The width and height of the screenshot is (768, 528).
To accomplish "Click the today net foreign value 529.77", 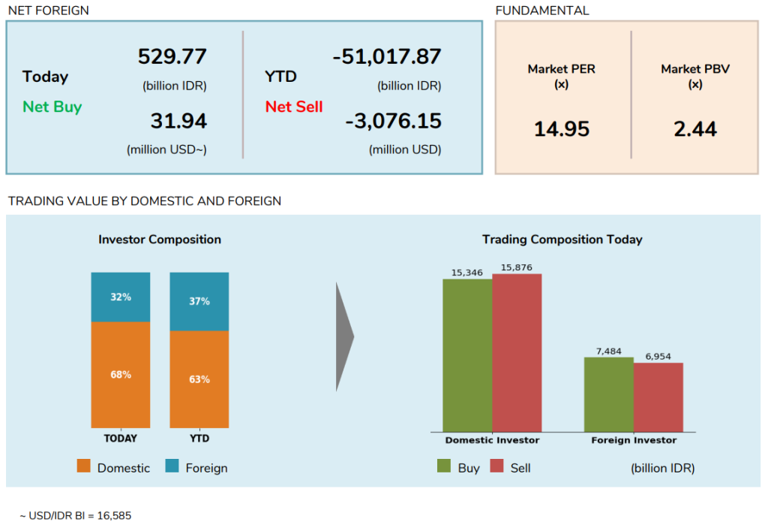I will point(172,57).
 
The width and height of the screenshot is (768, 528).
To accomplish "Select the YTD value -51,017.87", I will point(386,57).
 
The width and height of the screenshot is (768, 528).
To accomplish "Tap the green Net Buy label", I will point(52,107).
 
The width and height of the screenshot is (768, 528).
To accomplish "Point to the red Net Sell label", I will point(294,107).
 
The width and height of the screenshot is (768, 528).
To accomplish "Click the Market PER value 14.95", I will point(562,129).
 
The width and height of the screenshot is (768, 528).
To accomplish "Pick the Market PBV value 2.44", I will point(695,129).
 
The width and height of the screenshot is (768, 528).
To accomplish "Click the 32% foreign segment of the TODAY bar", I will point(121,297).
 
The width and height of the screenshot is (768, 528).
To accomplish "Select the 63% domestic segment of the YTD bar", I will point(199,379).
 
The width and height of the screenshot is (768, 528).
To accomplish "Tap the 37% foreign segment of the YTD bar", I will point(199,302).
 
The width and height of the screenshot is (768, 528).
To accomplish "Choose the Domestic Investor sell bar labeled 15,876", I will point(517,353).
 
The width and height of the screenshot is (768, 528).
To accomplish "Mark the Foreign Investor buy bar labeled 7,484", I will point(608,394).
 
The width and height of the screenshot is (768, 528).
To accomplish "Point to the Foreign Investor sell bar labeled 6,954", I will point(658,397).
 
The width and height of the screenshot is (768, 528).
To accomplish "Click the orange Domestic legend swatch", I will point(84,466).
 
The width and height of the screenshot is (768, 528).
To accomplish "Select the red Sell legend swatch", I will point(496,466).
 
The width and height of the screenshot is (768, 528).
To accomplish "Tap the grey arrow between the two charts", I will point(344,336).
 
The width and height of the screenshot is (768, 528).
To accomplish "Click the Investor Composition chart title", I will point(160,240).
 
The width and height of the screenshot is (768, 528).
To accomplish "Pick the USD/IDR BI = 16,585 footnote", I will point(76,516).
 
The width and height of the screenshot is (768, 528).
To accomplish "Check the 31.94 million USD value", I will point(178,121).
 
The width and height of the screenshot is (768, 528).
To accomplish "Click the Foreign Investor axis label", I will point(634,440).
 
